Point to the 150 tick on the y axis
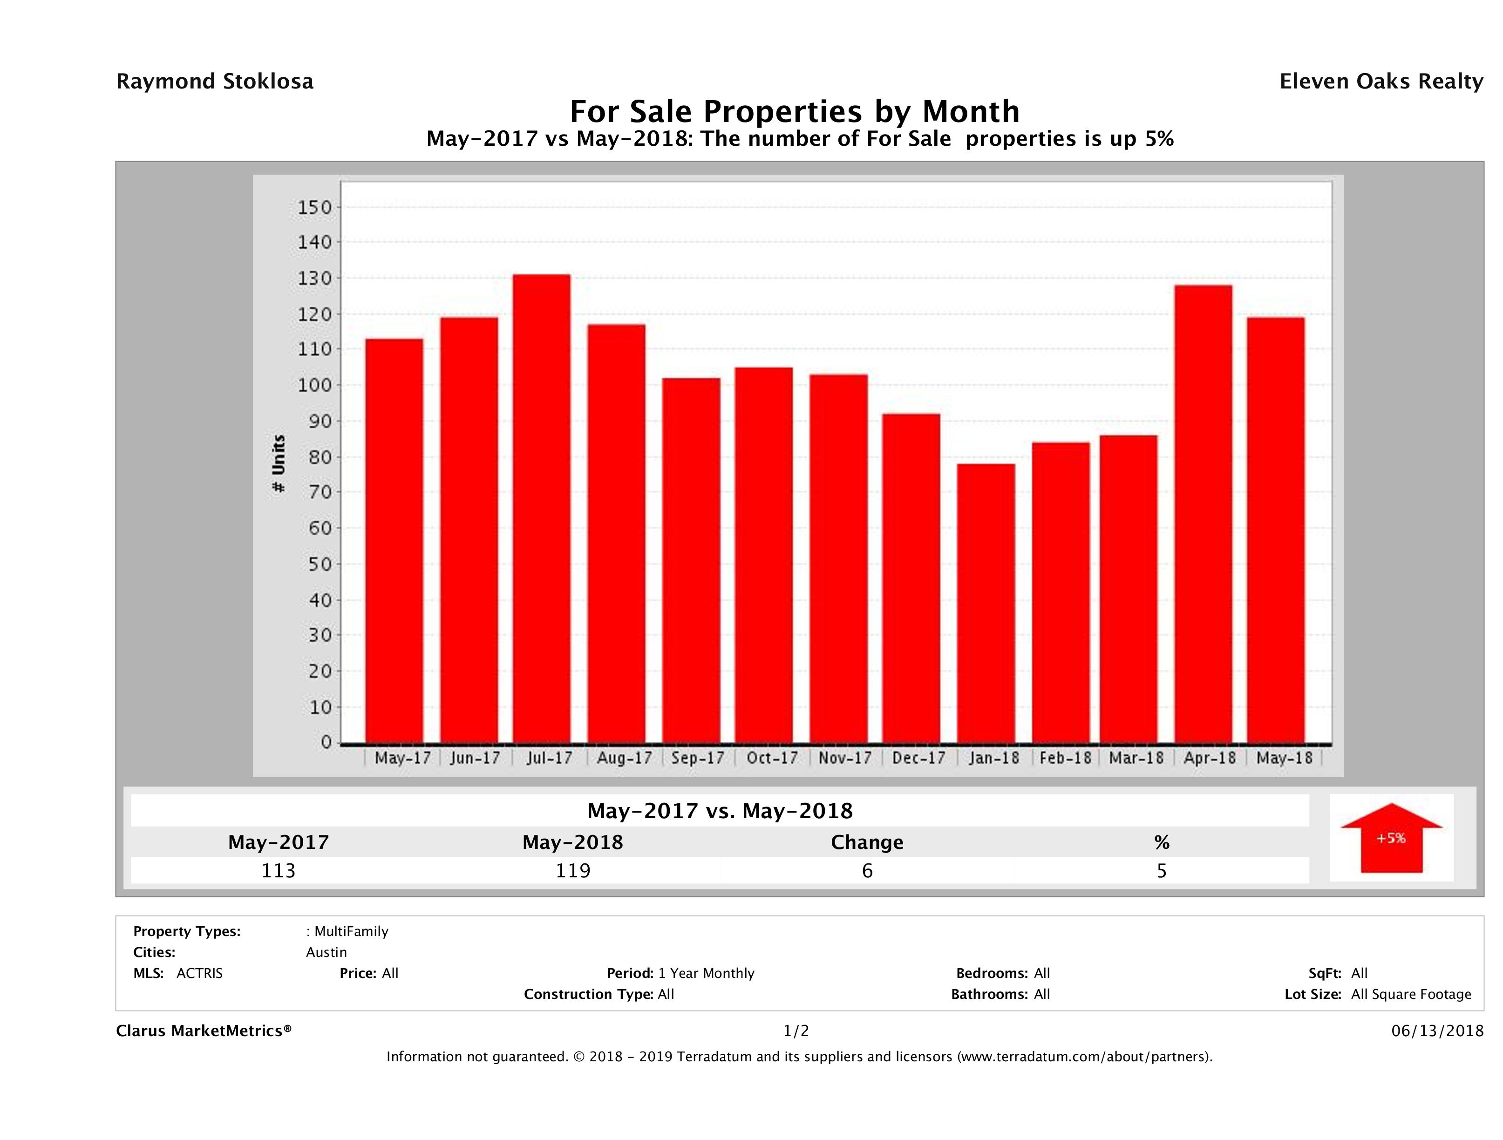[x=314, y=207]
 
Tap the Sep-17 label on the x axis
[x=698, y=758]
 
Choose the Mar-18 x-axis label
[x=1136, y=758]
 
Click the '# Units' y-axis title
[x=279, y=463]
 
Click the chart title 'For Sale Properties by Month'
[x=794, y=111]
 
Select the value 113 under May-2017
[x=279, y=870]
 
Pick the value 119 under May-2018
[x=573, y=870]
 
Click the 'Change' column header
[x=867, y=842]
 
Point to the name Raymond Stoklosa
[x=215, y=81]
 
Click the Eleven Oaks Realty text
[x=1381, y=81]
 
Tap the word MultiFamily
[x=351, y=931]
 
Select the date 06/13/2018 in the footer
[x=1437, y=1031]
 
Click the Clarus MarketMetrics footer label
[x=204, y=1031]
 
